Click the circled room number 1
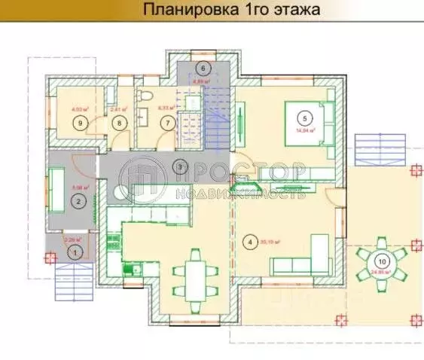coord(74,255)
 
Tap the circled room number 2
coord(78,200)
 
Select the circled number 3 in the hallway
coord(179,166)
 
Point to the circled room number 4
coord(249,243)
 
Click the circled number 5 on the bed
coord(305,117)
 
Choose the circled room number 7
coord(166,122)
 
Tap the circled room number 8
coord(118,121)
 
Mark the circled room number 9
coord(78,121)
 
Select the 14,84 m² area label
coord(306,130)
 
